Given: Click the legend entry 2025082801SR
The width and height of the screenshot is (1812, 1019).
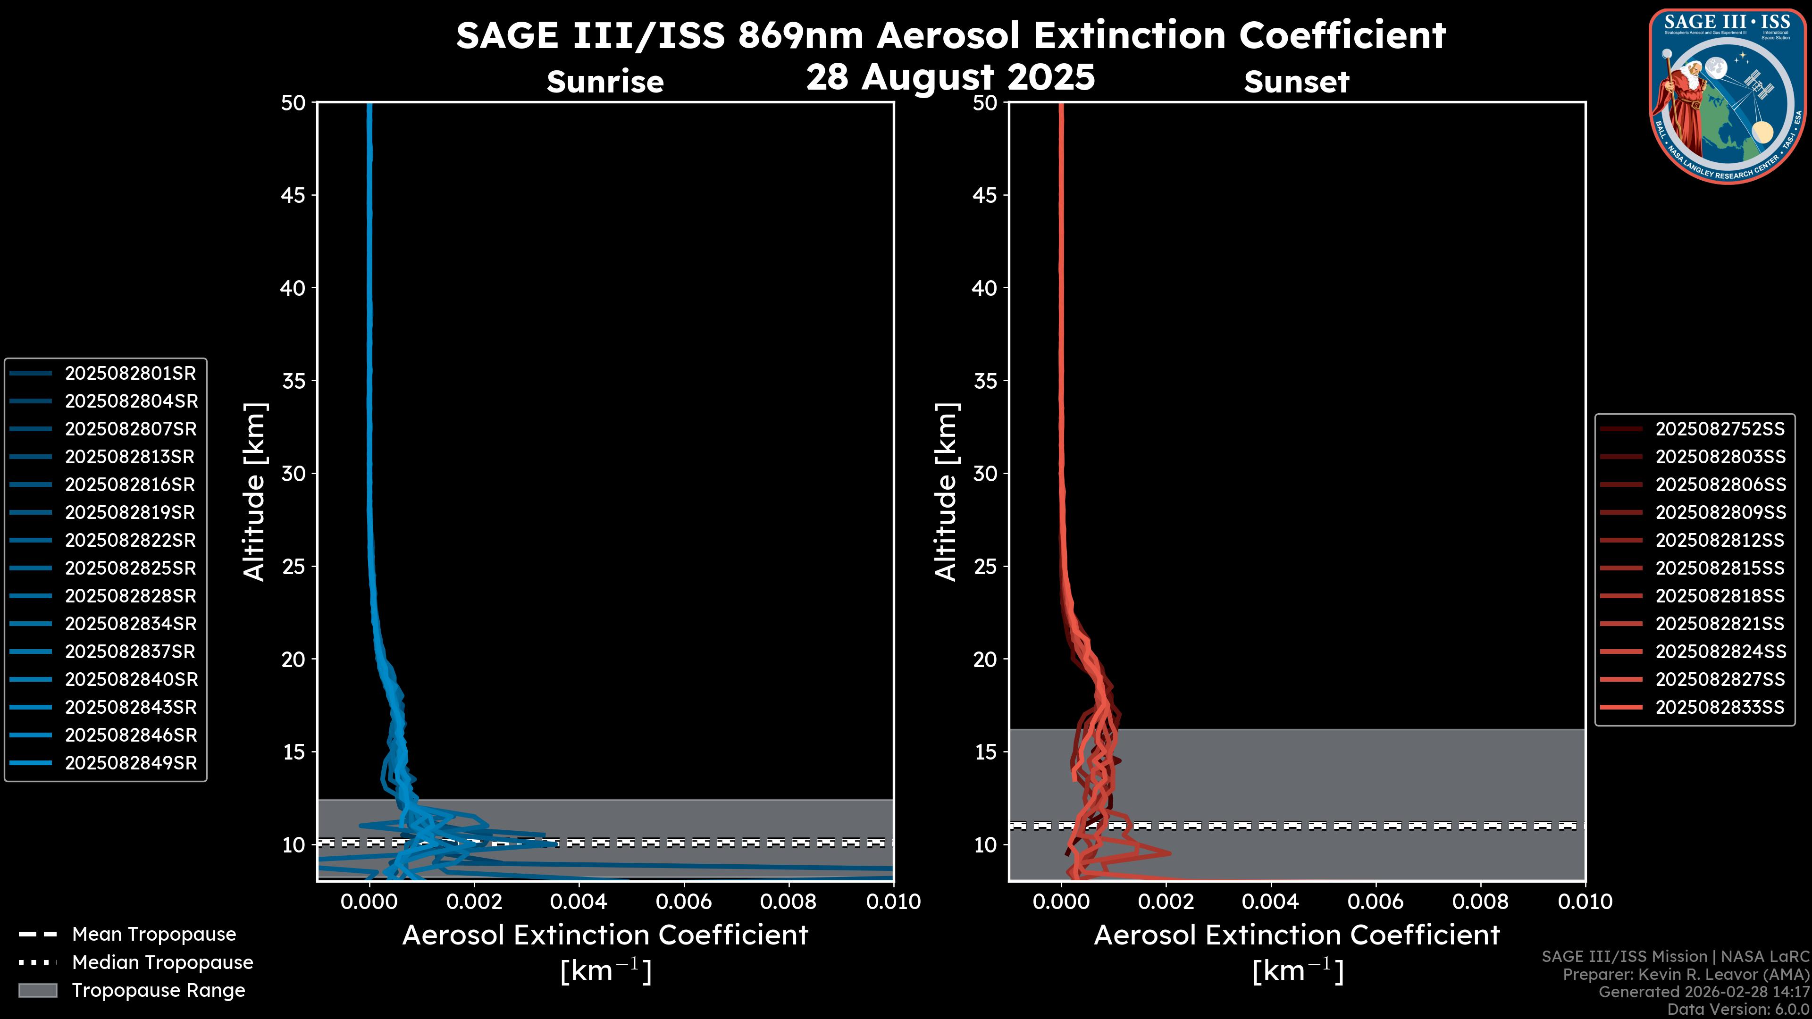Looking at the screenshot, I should pos(130,374).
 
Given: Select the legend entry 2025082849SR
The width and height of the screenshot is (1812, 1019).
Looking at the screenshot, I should pos(130,763).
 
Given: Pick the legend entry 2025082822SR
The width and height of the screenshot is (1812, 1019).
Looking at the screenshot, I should pos(130,540).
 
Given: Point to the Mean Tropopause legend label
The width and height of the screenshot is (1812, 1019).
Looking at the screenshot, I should pos(154,935).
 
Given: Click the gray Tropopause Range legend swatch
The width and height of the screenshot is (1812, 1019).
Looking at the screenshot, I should pos(37,990).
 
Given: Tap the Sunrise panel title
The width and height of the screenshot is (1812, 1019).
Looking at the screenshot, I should pos(605,82).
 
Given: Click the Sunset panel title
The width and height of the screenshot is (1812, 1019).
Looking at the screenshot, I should pos(1296,82).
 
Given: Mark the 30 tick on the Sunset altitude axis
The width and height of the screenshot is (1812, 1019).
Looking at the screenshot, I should pos(985,474).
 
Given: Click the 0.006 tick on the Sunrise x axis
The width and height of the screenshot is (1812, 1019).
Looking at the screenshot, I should pos(684,902).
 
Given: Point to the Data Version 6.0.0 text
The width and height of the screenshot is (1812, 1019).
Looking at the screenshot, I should pos(1737,1009).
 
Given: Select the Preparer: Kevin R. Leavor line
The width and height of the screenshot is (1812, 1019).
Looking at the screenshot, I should pos(1686,974).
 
